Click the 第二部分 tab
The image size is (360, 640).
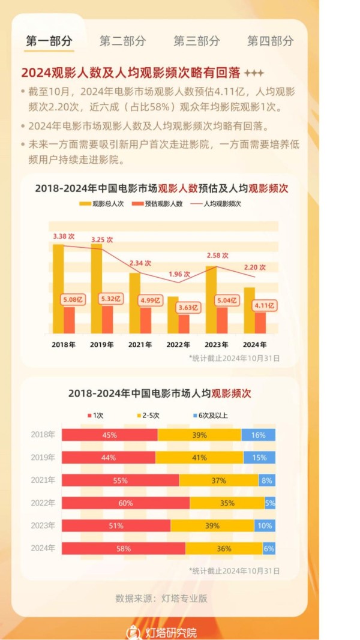(x=122, y=41)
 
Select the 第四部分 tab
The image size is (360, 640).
(x=271, y=41)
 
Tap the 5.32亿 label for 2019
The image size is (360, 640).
(x=110, y=299)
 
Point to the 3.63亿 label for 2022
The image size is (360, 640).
(x=189, y=308)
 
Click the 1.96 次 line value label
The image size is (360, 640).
(x=179, y=274)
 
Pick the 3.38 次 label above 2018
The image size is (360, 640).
(x=64, y=236)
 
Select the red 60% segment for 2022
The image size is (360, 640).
(x=125, y=503)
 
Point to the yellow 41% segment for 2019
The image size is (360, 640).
(x=199, y=458)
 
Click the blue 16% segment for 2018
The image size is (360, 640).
(x=259, y=435)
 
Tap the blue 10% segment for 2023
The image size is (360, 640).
(x=265, y=526)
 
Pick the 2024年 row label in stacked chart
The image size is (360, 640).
(x=43, y=548)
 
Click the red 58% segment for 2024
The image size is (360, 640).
(x=123, y=549)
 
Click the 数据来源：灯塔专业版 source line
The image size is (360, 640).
(x=161, y=598)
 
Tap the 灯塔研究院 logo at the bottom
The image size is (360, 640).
(x=161, y=632)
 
